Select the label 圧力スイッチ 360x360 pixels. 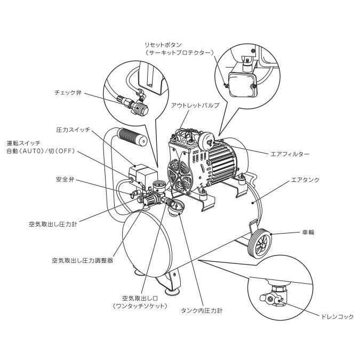73,130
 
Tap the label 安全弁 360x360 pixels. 65,179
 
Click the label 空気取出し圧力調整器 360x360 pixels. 82,261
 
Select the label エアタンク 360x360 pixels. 305,180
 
